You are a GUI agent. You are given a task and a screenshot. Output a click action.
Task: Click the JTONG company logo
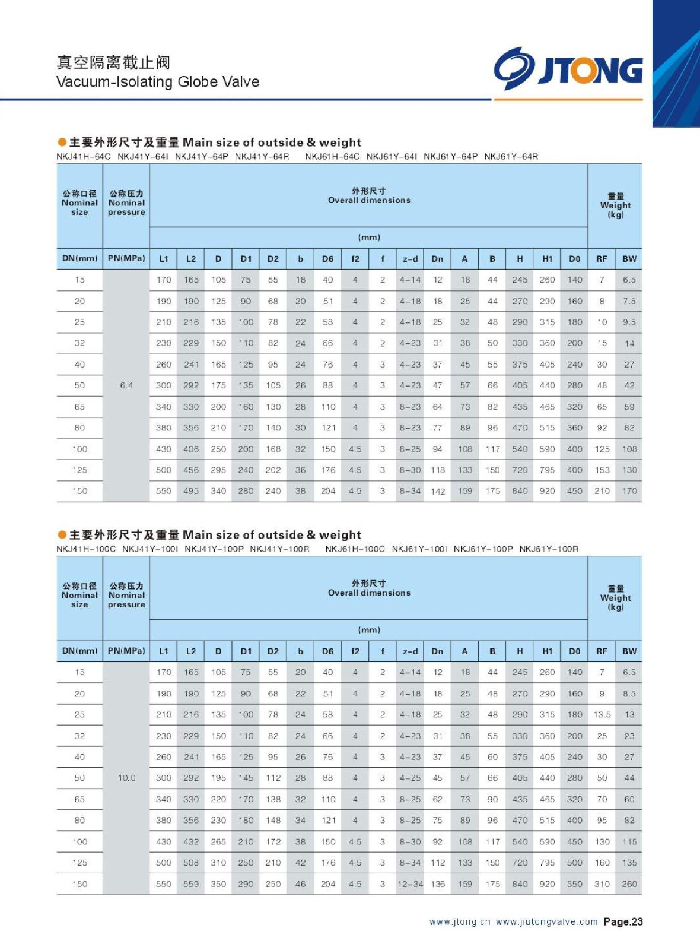[x=568, y=69]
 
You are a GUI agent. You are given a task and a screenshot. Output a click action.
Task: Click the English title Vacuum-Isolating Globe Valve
[x=158, y=82]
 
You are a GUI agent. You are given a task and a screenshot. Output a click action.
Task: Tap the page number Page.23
[x=623, y=921]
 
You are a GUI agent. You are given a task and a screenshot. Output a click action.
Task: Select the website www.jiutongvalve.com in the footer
[x=546, y=921]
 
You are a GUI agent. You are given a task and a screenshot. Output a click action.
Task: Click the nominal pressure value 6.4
[x=126, y=385]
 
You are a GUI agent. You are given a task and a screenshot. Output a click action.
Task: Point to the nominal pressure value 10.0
[x=126, y=778]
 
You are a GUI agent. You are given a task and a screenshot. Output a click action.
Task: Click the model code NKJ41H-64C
[x=84, y=157]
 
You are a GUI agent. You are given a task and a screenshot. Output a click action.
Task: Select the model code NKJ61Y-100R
[x=549, y=549]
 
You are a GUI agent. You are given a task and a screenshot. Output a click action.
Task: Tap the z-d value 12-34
[x=410, y=884]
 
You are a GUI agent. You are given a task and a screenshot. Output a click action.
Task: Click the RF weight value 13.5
[x=602, y=715]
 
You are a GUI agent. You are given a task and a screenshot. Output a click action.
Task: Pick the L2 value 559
[x=191, y=884]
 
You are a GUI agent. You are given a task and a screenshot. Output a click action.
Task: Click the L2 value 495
[x=191, y=491]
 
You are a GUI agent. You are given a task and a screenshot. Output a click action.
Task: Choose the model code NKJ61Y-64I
[x=392, y=157]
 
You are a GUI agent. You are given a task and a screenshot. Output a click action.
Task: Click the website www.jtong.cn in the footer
[x=460, y=921]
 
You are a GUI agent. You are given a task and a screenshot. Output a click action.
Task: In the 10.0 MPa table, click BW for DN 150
[x=629, y=884]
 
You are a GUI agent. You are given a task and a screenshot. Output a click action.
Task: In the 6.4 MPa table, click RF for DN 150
[x=602, y=491]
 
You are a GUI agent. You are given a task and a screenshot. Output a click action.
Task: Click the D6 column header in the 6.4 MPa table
[x=327, y=259]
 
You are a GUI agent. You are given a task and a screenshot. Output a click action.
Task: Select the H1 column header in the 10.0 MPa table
[x=547, y=651]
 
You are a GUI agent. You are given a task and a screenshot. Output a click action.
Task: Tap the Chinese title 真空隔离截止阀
[x=113, y=62]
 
